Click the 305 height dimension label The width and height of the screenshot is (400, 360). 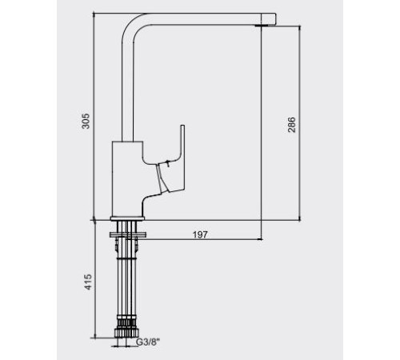[86, 121]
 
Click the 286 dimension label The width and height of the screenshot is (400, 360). [291, 124]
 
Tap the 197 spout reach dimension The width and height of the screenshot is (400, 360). [200, 234]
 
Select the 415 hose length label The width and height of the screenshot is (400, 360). [88, 282]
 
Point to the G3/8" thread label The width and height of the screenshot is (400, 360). [148, 342]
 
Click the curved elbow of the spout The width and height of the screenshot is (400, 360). [134, 26]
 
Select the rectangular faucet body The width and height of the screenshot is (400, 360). [127, 178]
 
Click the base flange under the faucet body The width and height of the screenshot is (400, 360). [127, 218]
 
